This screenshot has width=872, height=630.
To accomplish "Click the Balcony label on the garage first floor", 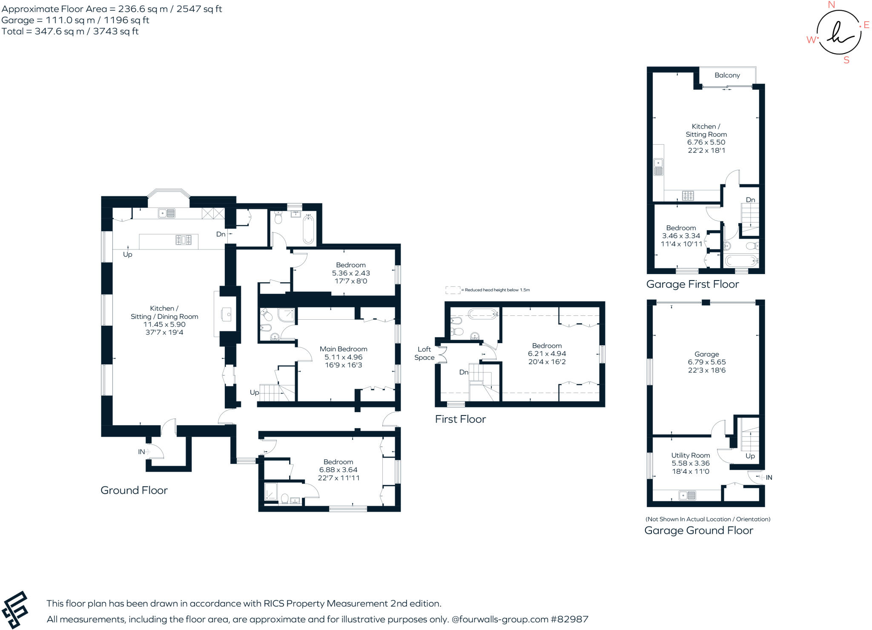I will (x=727, y=75).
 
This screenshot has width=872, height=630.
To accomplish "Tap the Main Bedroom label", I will (x=343, y=349).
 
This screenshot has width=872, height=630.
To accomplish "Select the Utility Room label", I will (x=690, y=455).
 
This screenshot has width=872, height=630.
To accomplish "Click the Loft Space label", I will (x=424, y=353).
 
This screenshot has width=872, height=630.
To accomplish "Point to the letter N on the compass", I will (x=831, y=5).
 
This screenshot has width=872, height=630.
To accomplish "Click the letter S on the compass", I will (x=846, y=60).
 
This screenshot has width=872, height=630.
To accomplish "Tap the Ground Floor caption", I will (x=134, y=490).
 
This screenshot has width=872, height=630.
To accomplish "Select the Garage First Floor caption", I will (x=692, y=284).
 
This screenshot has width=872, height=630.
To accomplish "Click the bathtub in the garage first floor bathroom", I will (x=741, y=260).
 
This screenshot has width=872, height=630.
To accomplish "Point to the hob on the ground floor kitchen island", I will (x=184, y=240).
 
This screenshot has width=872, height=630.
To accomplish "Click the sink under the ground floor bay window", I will (x=166, y=213).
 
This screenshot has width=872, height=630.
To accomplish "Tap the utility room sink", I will (x=687, y=495).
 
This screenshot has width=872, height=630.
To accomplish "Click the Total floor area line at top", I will (x=70, y=31).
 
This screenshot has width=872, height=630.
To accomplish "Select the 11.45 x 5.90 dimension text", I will (x=164, y=324).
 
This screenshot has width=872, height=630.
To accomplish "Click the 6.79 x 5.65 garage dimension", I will (x=706, y=362).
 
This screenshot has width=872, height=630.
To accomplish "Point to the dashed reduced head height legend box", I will (x=453, y=290).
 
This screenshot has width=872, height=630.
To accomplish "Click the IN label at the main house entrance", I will (x=141, y=452).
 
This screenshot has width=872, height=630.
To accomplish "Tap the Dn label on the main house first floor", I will (x=463, y=372).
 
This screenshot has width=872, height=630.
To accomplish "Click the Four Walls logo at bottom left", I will (x=15, y=610).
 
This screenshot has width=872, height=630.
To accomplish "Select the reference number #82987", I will (x=569, y=619).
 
